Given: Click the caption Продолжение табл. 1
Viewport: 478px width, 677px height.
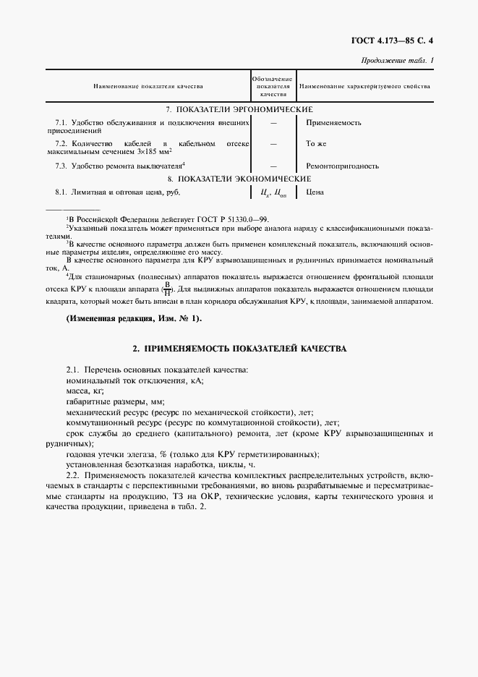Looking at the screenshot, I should tap(397, 60).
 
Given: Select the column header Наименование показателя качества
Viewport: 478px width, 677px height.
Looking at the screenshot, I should tap(148, 86).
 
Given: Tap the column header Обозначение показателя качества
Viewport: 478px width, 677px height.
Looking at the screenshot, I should tap(273, 86).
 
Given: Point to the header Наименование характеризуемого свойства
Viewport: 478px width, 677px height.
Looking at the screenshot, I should tap(364, 86).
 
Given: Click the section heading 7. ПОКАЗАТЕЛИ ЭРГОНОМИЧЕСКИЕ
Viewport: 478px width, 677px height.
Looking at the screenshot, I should tap(239, 108).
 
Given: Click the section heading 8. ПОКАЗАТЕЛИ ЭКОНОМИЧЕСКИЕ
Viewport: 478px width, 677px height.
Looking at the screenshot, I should tap(239, 178).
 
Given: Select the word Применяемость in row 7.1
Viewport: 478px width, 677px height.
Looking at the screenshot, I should tap(333, 122).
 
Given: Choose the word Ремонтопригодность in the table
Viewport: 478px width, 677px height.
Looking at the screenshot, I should tap(342, 166).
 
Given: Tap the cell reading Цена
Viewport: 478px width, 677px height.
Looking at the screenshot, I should tap(315, 192).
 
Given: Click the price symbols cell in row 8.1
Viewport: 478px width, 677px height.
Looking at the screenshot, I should tap(273, 192).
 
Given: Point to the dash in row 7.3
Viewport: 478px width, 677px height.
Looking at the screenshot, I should tap(273, 166).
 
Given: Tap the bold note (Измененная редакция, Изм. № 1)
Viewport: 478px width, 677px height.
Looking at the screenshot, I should tap(134, 319).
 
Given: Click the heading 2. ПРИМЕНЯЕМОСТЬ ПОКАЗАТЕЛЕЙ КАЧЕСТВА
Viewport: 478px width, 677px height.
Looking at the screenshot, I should tap(239, 349).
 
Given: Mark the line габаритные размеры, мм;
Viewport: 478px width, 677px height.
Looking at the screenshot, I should tap(115, 401).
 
